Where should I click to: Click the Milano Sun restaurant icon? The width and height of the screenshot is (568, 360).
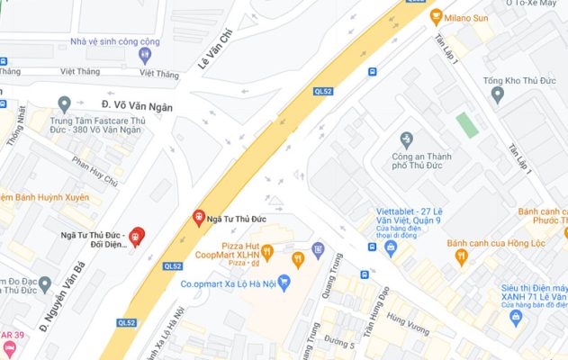pyautogui.click(x=437, y=15)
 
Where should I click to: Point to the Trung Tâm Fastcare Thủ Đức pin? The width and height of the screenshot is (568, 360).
pyautogui.click(x=63, y=103)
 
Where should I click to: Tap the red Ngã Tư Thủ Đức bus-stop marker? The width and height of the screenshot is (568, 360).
pyautogui.click(x=199, y=217)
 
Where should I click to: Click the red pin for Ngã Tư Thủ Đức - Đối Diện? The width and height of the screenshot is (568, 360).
pyautogui.click(x=137, y=236)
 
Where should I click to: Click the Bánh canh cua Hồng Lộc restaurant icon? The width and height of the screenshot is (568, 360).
pyautogui.click(x=461, y=256)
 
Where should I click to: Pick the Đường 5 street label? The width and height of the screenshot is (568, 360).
pyautogui.click(x=339, y=343)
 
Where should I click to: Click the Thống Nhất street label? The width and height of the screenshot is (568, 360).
pyautogui.click(x=17, y=125)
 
